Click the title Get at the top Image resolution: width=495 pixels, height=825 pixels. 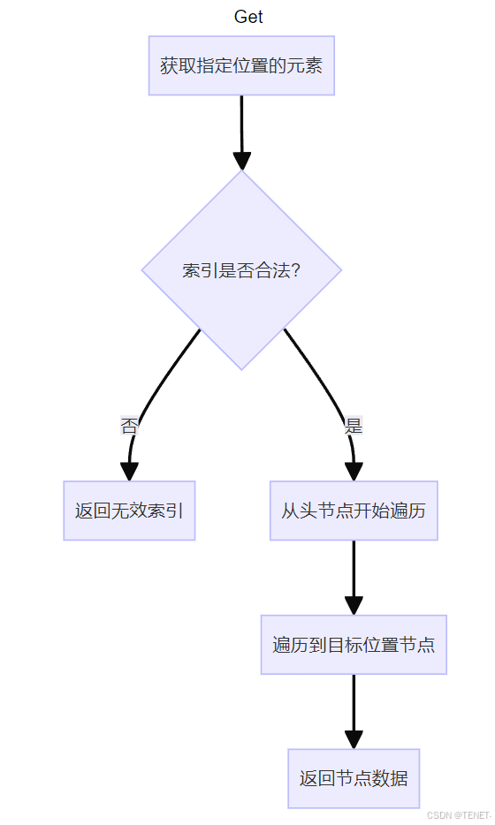click(248, 17)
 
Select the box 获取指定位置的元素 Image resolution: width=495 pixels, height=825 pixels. click(241, 65)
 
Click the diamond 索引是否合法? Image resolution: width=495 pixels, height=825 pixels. click(241, 270)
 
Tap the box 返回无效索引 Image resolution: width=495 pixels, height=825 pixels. click(130, 511)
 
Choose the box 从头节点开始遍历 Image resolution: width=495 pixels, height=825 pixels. click(354, 511)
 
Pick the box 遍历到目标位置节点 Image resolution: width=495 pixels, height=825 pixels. click(354, 645)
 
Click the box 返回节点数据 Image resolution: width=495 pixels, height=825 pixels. click(354, 779)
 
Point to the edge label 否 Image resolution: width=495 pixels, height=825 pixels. click(129, 426)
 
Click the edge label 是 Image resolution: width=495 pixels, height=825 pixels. click(354, 426)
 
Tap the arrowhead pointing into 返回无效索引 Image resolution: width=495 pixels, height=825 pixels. click(129, 472)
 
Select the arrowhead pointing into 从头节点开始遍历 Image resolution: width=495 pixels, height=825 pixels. click(354, 472)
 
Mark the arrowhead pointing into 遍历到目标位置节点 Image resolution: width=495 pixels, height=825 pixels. click(354, 606)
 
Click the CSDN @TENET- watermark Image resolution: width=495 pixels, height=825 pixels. click(459, 815)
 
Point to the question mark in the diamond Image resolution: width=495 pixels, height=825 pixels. click(295, 270)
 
